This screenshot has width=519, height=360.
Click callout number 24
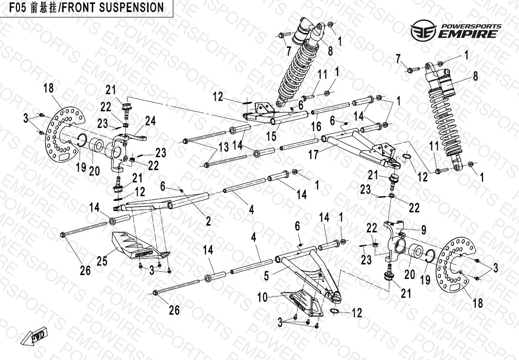pyautogui.click(x=151, y=121)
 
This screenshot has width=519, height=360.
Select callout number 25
pyautogui.click(x=102, y=262)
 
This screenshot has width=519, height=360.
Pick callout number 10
pyautogui.click(x=263, y=297)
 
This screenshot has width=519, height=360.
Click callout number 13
pyautogui.click(x=223, y=147)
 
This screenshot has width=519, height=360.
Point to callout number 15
pyautogui.click(x=271, y=136)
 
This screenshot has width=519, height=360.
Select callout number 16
pyautogui.click(x=316, y=126)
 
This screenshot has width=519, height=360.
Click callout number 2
pyautogui.click(x=208, y=221)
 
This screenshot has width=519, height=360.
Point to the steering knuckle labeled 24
pyautogui.click(x=122, y=148)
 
